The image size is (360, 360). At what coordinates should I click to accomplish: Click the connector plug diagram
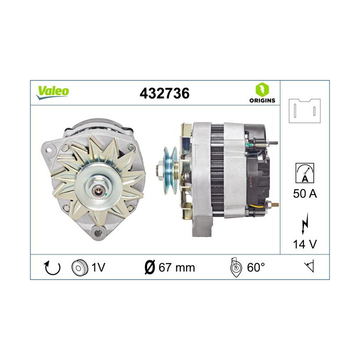304,110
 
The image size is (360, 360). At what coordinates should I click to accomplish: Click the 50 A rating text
304,193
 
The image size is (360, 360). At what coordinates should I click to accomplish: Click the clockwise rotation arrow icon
52,268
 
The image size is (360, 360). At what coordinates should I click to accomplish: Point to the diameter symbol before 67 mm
148,267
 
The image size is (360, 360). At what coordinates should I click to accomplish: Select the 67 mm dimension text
176,268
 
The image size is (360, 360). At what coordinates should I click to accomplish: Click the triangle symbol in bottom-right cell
309,267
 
